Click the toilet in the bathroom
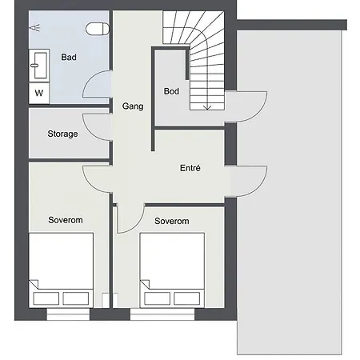tap(98, 29)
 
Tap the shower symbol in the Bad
tap(34, 28)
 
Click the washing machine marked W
tap(39, 93)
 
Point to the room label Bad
tap(69, 57)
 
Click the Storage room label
tap(62, 134)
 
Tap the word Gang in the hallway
tap(133, 106)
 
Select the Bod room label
tap(171, 91)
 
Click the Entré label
tap(190, 168)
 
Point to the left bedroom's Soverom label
tap(66, 220)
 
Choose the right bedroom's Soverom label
tap(172, 221)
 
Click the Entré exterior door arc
tap(259, 186)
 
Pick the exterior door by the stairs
tap(259, 112)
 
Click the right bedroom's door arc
tap(137, 225)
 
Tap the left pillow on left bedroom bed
tap(46, 298)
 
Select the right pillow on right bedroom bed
tap(186, 298)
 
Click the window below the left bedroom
tap(68, 314)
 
